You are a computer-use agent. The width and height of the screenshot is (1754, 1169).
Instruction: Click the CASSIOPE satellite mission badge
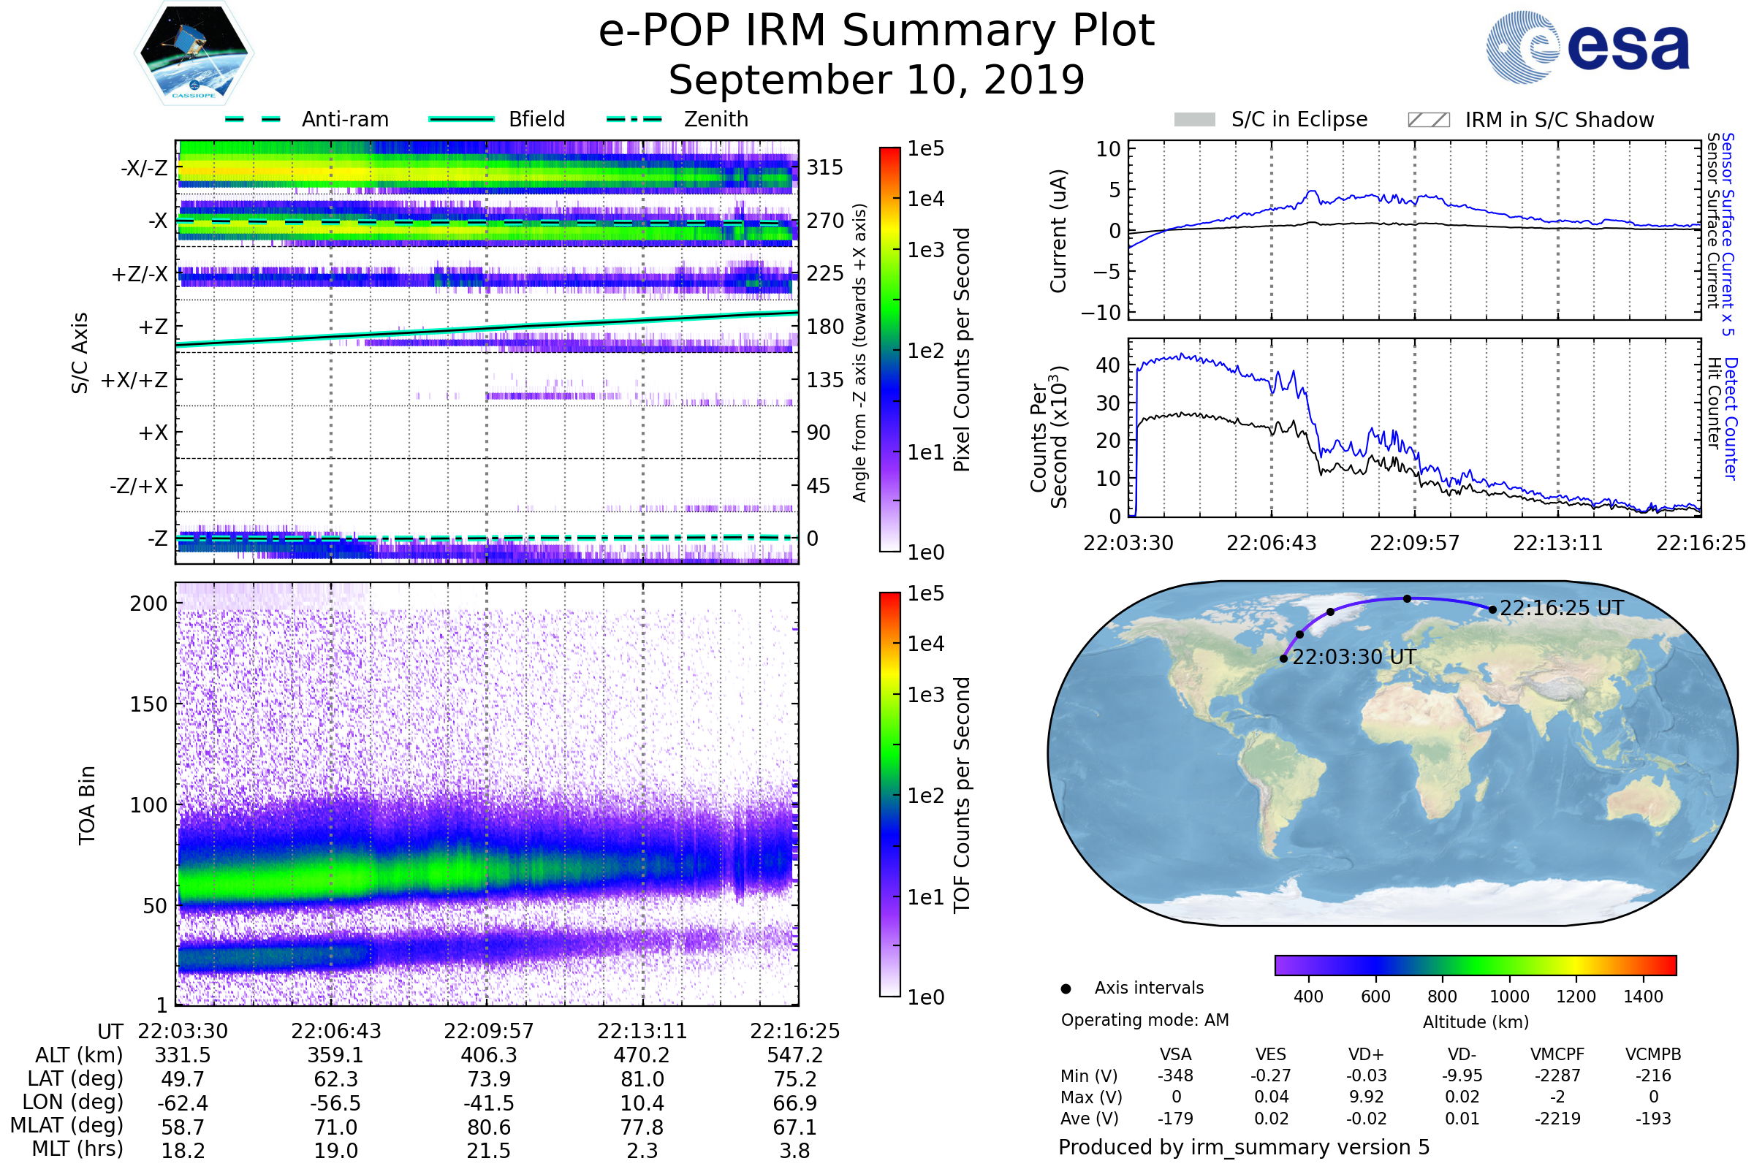point(194,53)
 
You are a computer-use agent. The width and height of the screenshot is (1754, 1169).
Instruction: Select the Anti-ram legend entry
point(306,119)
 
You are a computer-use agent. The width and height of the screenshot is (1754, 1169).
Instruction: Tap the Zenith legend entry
point(677,119)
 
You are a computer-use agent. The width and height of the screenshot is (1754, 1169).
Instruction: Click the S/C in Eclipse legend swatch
point(1194,119)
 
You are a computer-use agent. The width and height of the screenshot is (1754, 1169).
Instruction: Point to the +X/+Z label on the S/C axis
point(134,380)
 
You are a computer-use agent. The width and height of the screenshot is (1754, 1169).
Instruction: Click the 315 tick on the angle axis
point(825,168)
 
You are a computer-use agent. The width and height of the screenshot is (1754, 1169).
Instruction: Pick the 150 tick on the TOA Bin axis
point(148,704)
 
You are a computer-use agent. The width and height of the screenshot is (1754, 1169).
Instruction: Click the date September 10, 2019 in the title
point(876,80)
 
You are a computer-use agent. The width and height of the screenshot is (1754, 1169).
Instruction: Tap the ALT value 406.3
point(488,1056)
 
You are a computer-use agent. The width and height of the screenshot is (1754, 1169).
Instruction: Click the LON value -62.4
point(183,1103)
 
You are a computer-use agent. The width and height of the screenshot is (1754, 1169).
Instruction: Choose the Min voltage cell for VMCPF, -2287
point(1557,1075)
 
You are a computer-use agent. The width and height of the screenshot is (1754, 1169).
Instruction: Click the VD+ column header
point(1366,1055)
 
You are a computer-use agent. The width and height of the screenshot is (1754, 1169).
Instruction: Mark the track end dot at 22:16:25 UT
point(1492,610)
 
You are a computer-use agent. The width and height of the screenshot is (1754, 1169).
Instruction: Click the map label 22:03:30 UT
point(1354,657)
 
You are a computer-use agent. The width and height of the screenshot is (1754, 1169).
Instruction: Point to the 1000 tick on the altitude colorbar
point(1509,997)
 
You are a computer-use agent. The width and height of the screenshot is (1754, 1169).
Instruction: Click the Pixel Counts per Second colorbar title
point(962,350)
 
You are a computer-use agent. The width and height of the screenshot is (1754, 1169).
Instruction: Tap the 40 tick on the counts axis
point(1108,365)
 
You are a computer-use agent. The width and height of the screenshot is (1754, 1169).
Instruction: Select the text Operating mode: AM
point(1144,1020)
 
